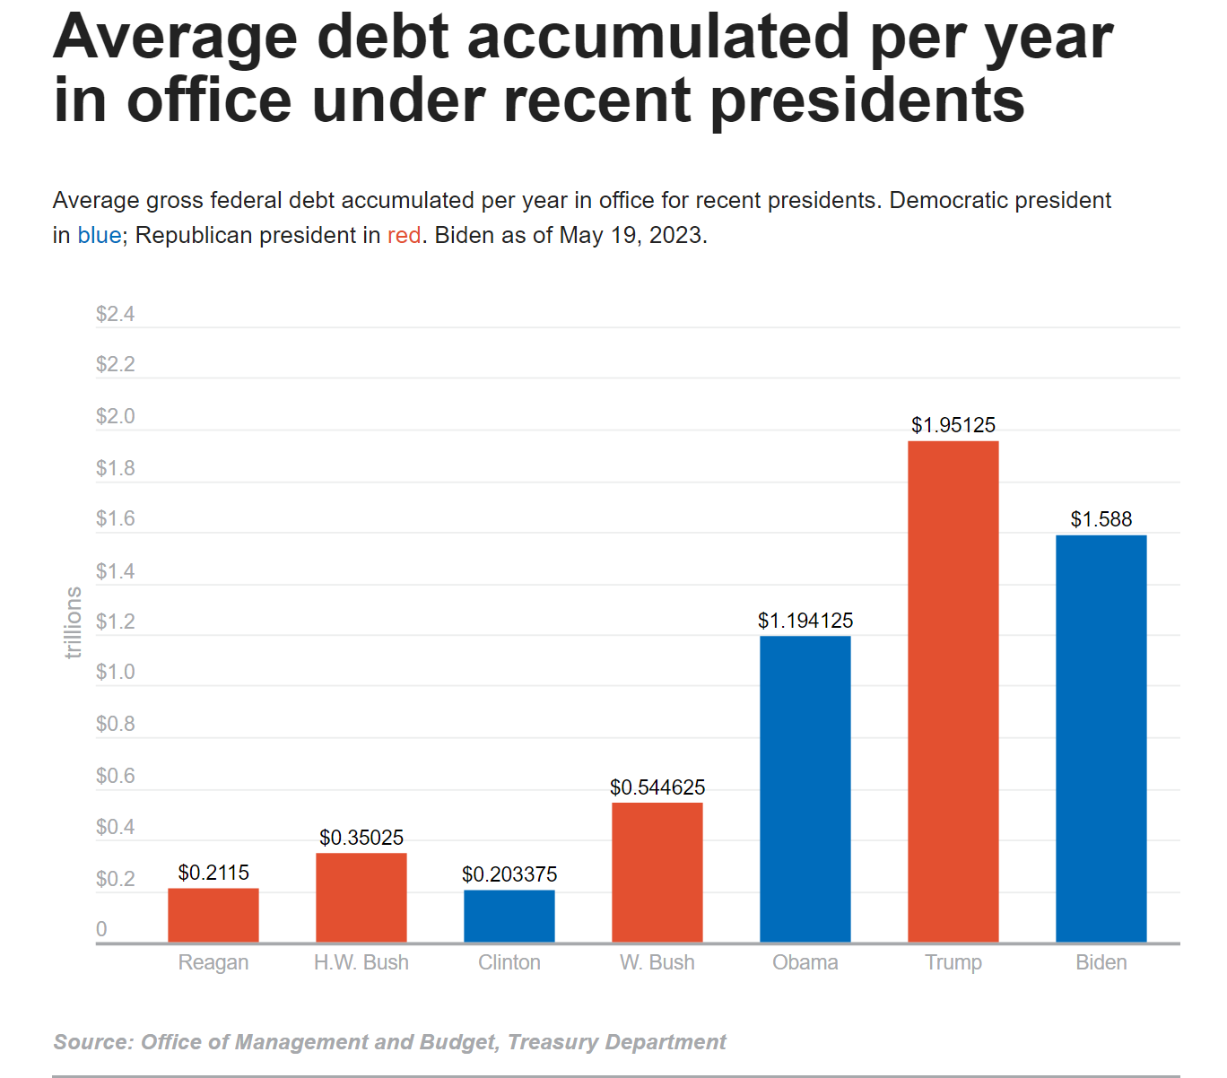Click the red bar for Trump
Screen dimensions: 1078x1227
[x=953, y=691]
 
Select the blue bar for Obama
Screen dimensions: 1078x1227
[x=805, y=789]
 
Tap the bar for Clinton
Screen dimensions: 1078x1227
[x=509, y=916]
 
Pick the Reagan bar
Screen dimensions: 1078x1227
[x=213, y=915]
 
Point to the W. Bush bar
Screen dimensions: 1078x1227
[x=657, y=872]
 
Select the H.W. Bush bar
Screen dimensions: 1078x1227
[x=361, y=897]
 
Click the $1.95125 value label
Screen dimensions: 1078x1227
[x=953, y=425]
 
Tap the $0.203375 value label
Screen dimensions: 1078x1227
[x=509, y=874]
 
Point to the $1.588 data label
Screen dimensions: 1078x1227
[x=1101, y=519]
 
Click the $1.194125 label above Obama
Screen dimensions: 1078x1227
[x=805, y=621]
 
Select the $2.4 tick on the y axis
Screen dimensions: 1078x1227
[x=115, y=314]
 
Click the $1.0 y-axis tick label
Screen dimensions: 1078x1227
[x=115, y=672]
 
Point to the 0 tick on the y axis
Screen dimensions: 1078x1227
[x=101, y=929]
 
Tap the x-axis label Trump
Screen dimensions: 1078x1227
[x=953, y=962]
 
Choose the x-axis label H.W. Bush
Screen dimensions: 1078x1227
[x=361, y=962]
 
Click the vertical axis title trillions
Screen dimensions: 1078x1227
[x=74, y=622]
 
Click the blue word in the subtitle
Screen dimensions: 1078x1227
[x=99, y=235]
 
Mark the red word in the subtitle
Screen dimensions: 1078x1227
[x=404, y=235]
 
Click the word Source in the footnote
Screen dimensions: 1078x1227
[x=91, y=1042]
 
